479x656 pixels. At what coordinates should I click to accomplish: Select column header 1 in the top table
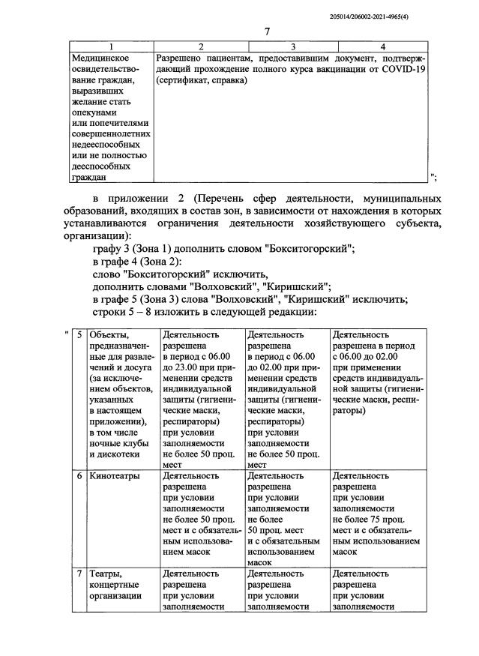pyautogui.click(x=110, y=46)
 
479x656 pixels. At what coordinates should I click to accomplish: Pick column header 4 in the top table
pyautogui.click(x=383, y=46)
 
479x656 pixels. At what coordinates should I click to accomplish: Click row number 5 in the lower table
pyautogui.click(x=79, y=336)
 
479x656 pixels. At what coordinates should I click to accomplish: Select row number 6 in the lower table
pyautogui.click(x=79, y=475)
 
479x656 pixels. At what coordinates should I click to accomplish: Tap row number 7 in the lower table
pyautogui.click(x=79, y=573)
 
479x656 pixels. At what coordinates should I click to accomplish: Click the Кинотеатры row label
pyautogui.click(x=114, y=475)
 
